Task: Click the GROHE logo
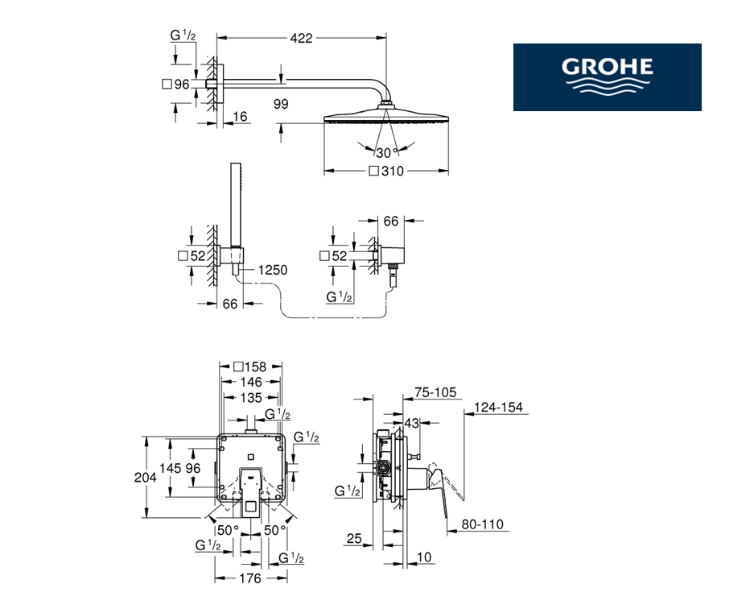coord(607,77)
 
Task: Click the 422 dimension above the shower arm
coord(302,38)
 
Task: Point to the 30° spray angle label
coord(387,153)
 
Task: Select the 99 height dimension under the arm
coord(281,104)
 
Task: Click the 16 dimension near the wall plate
coord(240,116)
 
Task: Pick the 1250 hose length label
coord(273,270)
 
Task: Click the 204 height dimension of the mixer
coord(145,477)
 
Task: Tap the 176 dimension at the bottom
coord(250,578)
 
